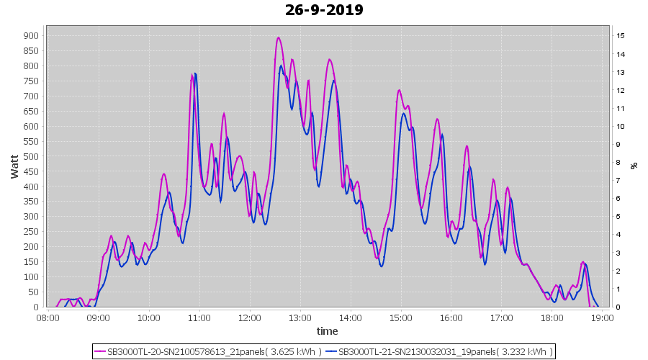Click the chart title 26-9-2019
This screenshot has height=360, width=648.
[324, 10]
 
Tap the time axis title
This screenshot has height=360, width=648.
[327, 331]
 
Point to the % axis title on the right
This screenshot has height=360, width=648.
[634, 165]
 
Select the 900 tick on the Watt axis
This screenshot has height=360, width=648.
[31, 35]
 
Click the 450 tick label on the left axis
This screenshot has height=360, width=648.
[31, 171]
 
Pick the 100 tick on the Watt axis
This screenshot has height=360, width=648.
[31, 277]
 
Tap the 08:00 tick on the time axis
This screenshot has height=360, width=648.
[48, 318]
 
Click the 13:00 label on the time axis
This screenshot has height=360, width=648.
[300, 318]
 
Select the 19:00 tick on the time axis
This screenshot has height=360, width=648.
[602, 318]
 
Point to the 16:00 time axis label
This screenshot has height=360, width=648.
[451, 318]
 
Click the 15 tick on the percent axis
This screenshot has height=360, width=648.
[620, 35]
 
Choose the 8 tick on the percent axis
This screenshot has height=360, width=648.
[618, 162]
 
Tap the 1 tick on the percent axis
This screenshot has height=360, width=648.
[618, 289]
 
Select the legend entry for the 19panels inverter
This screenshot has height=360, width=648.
[440, 351]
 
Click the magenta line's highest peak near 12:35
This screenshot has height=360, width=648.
[278, 37]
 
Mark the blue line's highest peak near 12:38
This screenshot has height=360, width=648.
[282, 66]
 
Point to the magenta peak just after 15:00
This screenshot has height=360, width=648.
[399, 90]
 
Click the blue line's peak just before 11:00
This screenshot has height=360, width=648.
[195, 73]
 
